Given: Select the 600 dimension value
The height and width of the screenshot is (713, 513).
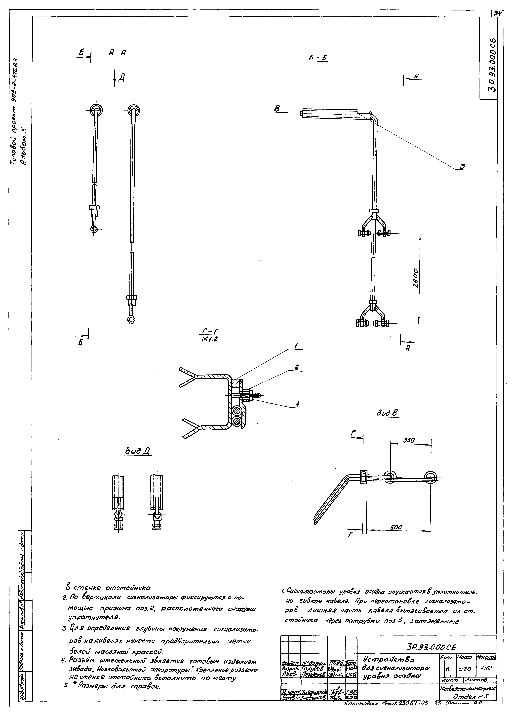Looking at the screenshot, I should tap(396, 527).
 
